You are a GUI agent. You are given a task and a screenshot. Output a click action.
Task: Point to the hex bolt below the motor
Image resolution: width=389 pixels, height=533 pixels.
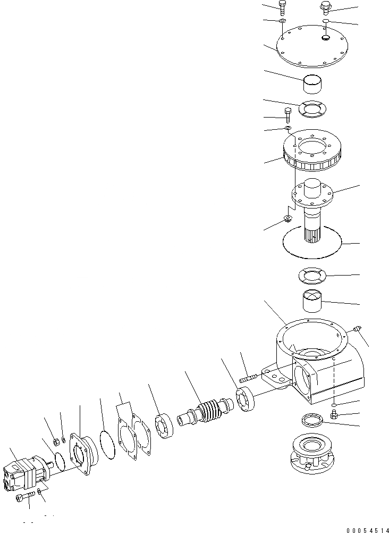(x=25, y=496)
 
